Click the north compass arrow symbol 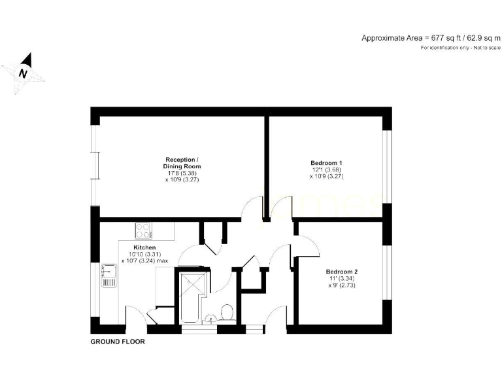(24, 72)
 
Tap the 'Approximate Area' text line (431, 38)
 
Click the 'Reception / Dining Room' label (182, 164)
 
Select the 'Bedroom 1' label (326, 163)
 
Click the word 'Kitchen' (144, 247)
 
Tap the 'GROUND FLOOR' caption (117, 342)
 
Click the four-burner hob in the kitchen (144, 230)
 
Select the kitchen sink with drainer (109, 276)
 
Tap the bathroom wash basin (210, 319)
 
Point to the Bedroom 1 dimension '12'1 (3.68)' (326, 170)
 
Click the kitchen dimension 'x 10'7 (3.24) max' (144, 260)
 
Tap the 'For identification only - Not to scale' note (460, 48)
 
